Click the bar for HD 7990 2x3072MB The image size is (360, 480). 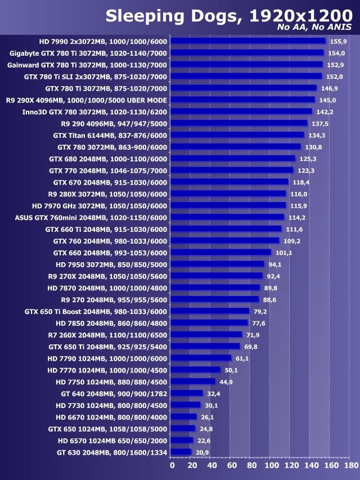[x=247, y=41]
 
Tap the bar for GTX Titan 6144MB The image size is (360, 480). [x=237, y=135]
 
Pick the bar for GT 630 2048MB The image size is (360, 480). [x=181, y=452]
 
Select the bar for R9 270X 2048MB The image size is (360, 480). [x=216, y=276]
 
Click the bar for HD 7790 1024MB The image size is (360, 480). [x=200, y=358]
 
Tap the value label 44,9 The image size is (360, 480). [x=226, y=382]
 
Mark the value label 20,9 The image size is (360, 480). [x=201, y=452]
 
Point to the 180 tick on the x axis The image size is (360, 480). [x=350, y=465]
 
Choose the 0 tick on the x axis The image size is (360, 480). [x=172, y=465]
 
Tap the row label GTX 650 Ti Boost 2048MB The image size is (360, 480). [x=96, y=311]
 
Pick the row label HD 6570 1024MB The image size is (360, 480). [x=112, y=440]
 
